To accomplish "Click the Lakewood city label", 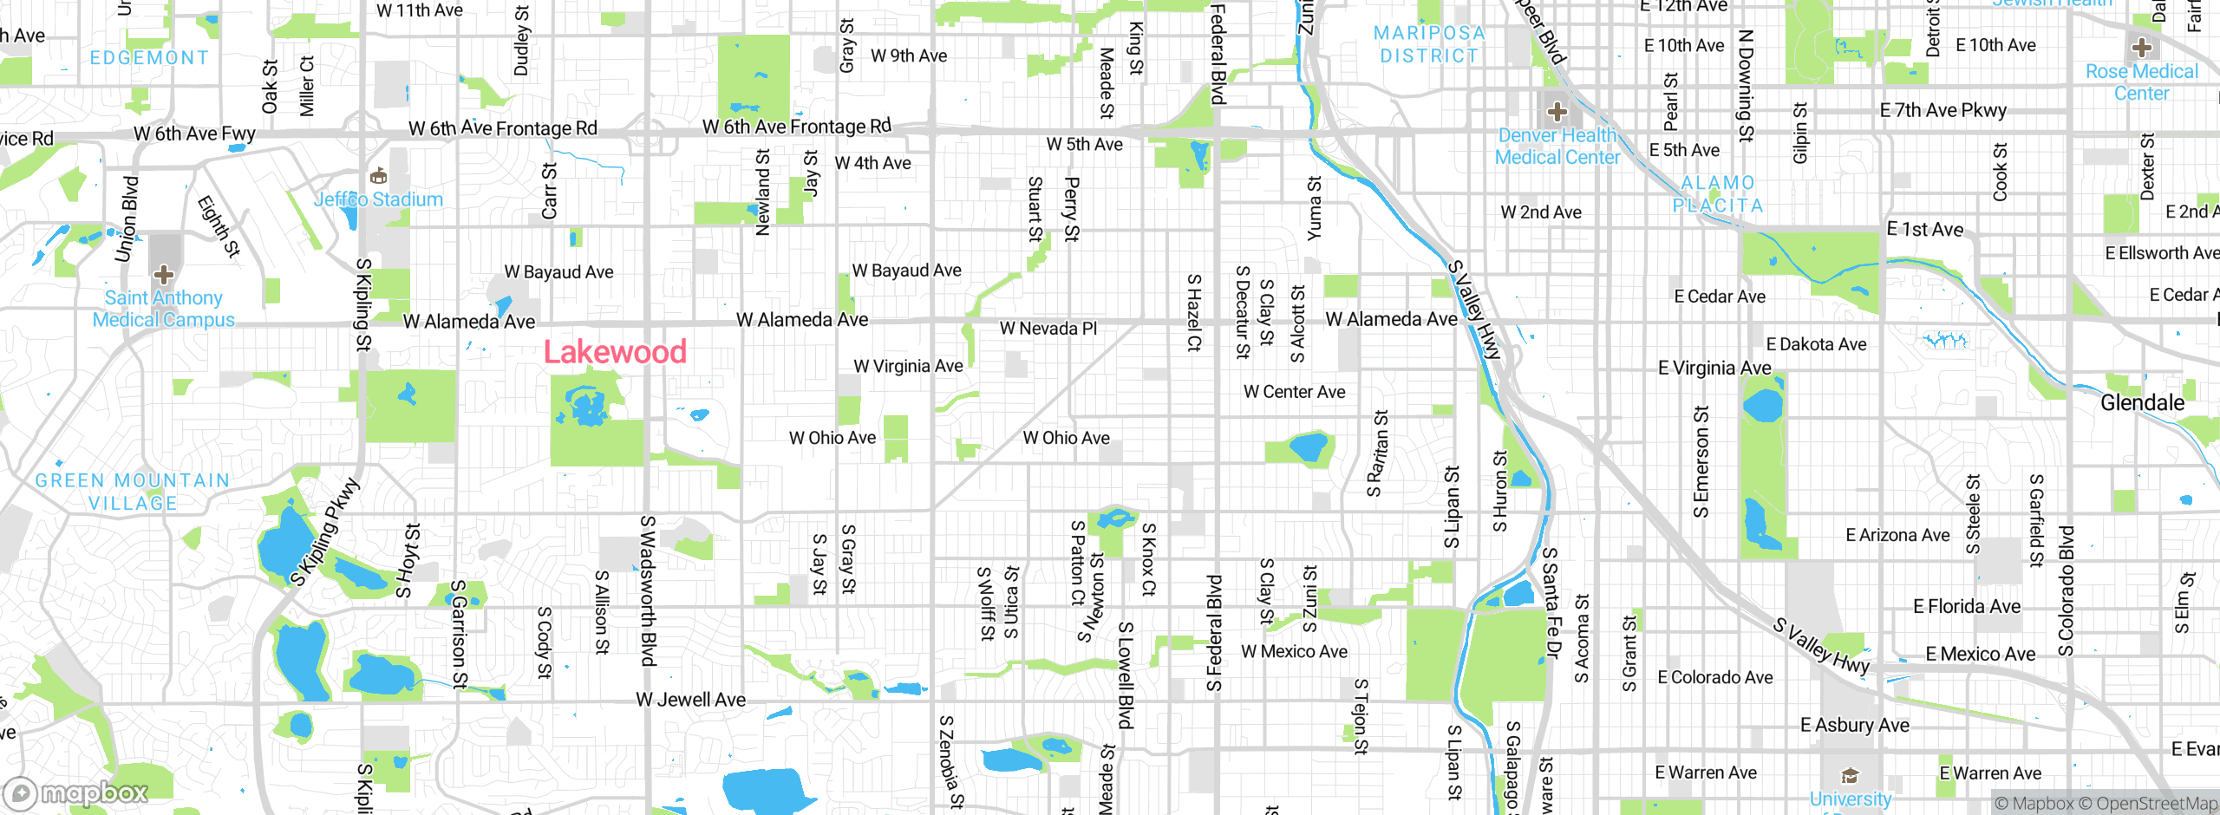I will [615, 352].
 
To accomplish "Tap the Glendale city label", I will [2142, 402].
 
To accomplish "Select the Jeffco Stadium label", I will [378, 199].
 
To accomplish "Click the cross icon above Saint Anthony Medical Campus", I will [164, 276].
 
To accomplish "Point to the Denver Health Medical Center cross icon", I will [1557, 111].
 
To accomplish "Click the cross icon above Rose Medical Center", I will [2141, 48].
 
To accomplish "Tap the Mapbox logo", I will [76, 793].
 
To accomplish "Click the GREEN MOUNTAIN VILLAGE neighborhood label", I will [133, 492].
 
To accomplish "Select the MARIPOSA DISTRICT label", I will [1429, 44].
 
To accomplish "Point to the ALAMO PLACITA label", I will [1718, 194].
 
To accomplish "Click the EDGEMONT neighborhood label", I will [149, 58].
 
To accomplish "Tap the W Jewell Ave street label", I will [690, 700].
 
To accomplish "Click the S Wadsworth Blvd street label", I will [647, 590].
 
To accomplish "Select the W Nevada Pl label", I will [1048, 329].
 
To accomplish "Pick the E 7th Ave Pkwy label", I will [1942, 110].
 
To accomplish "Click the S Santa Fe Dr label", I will [1550, 603].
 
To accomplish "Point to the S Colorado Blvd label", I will [2067, 590].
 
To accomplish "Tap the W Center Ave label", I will [1294, 392].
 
